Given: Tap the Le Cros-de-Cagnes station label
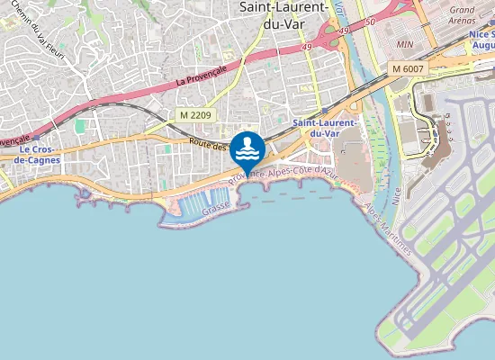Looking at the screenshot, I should point(39,154).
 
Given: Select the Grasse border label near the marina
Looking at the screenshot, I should point(217,206).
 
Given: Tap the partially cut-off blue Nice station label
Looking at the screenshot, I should point(482,39).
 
